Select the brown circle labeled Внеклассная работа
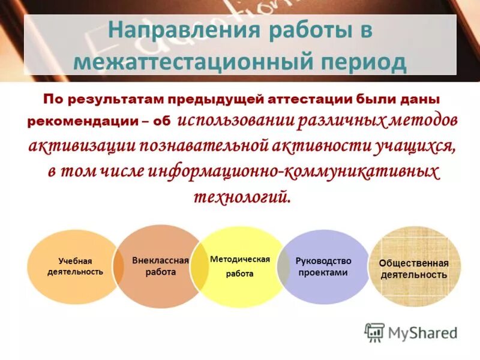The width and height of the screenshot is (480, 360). [x=158, y=266]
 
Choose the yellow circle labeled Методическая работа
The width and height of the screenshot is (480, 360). [x=240, y=266]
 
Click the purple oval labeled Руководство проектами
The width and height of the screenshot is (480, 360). [x=324, y=266]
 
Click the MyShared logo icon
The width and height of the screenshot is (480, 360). [x=374, y=332]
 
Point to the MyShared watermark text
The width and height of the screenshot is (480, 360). [x=423, y=332]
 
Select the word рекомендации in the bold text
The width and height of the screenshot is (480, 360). [x=83, y=121]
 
